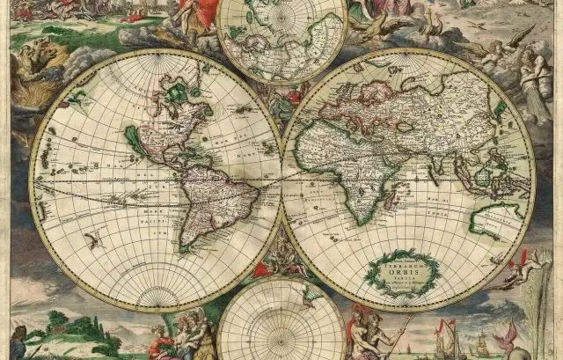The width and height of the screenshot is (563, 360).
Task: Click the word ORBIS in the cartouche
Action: tap(401, 269)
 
